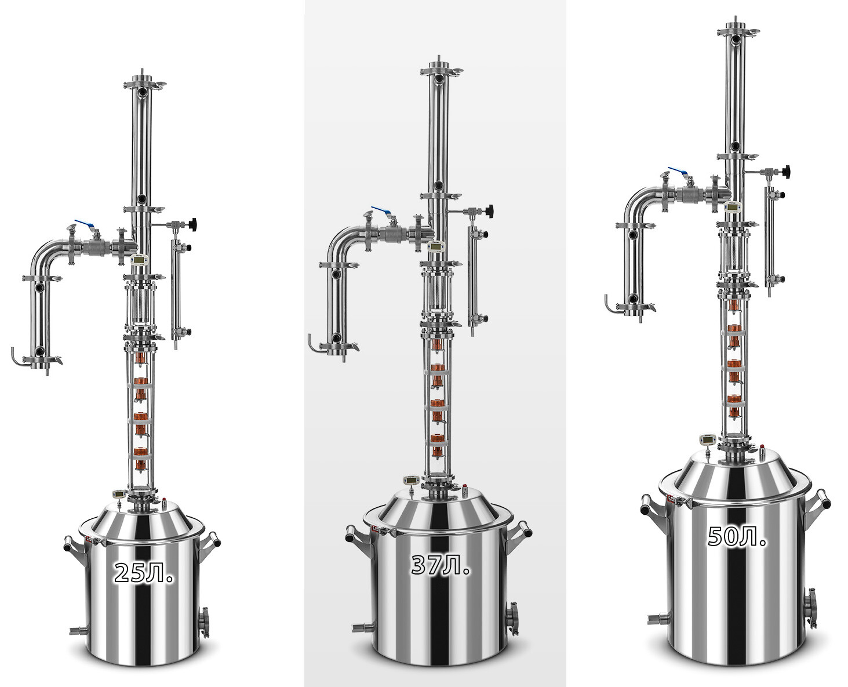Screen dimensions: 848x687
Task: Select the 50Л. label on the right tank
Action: tap(737, 536)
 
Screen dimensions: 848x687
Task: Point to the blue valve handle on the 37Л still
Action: tap(382, 211)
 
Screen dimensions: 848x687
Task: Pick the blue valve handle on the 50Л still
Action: tap(679, 171)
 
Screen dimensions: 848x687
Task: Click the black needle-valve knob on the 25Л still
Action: tap(194, 224)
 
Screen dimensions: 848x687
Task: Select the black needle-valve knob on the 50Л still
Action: tap(786, 171)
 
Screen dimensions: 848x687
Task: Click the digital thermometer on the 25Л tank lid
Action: tap(119, 494)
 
